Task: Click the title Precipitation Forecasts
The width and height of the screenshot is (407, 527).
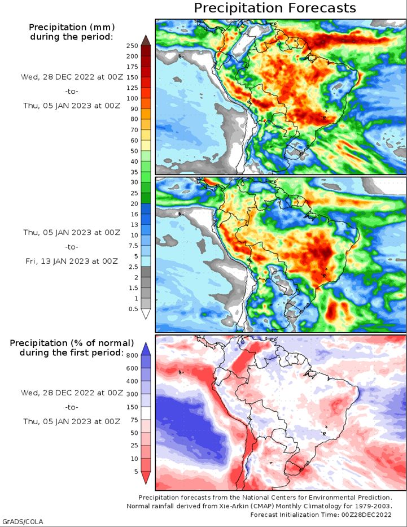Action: pyautogui.click(x=275, y=8)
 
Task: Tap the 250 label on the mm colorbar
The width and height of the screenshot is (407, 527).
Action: pyautogui.click(x=132, y=46)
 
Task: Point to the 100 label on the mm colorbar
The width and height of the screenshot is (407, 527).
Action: pyautogui.click(x=132, y=98)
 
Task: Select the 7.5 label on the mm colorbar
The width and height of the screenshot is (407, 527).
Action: pyautogui.click(x=134, y=246)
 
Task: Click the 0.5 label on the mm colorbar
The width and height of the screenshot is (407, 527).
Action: pyautogui.click(x=133, y=309)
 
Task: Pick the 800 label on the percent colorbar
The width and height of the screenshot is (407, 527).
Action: pyautogui.click(x=132, y=356)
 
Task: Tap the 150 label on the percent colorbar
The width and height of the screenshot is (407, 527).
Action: pyautogui.click(x=132, y=407)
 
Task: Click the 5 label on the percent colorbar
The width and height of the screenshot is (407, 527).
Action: pyautogui.click(x=136, y=472)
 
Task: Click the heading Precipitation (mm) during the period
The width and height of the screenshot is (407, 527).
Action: pyautogui.click(x=72, y=32)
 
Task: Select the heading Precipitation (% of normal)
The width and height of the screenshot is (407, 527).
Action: pyautogui.click(x=72, y=343)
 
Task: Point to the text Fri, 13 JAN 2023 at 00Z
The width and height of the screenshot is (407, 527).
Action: pyautogui.click(x=72, y=261)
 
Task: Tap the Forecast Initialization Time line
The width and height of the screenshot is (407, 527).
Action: pyautogui.click(x=321, y=515)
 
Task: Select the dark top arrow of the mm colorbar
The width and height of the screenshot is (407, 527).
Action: pyautogui.click(x=146, y=40)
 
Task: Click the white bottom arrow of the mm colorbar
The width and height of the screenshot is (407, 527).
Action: pyautogui.click(x=146, y=314)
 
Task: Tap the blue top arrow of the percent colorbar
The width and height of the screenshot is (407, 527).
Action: pyautogui.click(x=146, y=349)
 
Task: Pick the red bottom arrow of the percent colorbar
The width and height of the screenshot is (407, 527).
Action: pyautogui.click(x=146, y=478)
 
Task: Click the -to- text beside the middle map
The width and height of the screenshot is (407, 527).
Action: pyautogui.click(x=72, y=247)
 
